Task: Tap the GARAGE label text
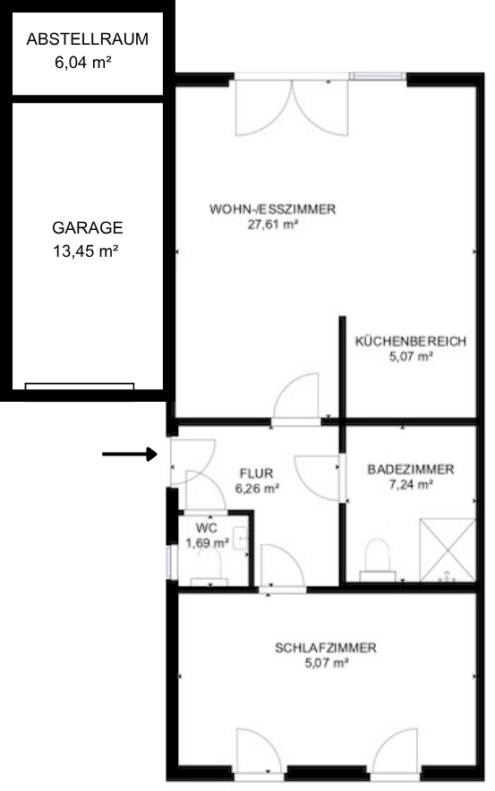coord(86,227)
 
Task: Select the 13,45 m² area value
coord(86,251)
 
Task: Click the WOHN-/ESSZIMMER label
coord(272,209)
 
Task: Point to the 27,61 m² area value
coord(272,225)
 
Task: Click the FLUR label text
coord(256,473)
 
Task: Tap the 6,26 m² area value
coord(257,489)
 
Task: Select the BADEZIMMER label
coord(411,468)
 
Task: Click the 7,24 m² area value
coord(411,484)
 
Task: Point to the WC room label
coord(206,527)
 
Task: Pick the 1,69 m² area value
coord(207,542)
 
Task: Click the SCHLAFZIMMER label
coord(325,648)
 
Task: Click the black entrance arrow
coord(130,455)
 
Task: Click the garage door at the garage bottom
coord(79,387)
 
